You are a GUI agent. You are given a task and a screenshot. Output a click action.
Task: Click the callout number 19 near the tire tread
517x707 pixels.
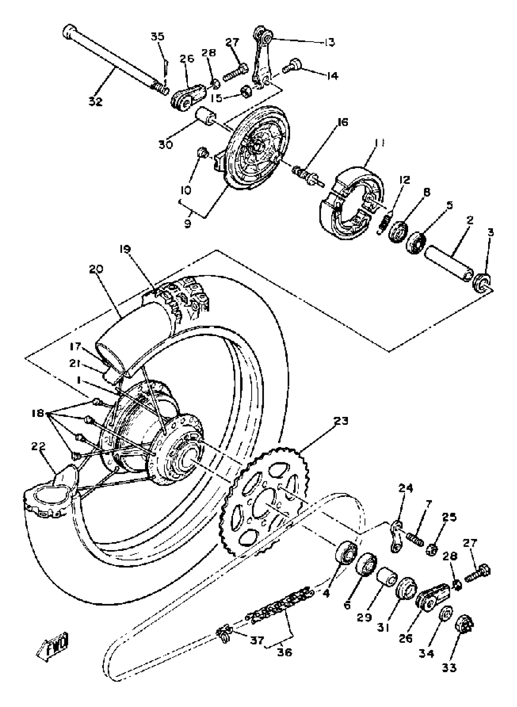[x=125, y=249]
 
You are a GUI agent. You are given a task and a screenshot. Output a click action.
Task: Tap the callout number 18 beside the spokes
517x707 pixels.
[x=38, y=413]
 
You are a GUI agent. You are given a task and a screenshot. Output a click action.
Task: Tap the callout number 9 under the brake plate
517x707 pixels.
[x=187, y=224]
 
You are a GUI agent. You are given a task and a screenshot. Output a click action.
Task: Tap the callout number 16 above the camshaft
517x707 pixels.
[x=342, y=122]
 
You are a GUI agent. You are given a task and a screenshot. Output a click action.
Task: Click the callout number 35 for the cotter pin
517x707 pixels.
[x=158, y=36]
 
